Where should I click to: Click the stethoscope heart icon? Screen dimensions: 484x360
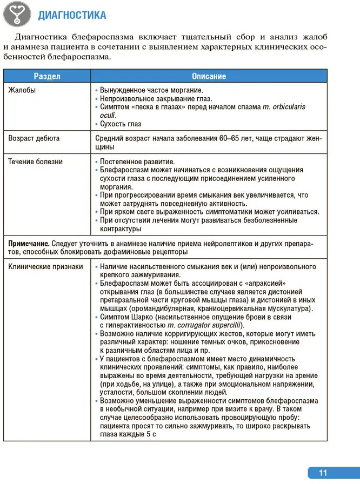point(17,15)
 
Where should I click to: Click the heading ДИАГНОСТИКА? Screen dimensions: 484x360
point(72,15)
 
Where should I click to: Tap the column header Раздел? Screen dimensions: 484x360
point(47,76)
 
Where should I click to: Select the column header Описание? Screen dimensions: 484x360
point(209,76)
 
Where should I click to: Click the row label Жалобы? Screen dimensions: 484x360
point(22,90)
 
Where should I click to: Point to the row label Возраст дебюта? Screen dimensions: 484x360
point(34,138)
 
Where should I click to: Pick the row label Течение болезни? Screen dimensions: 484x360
point(36,162)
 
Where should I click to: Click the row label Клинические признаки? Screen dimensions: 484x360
point(46,267)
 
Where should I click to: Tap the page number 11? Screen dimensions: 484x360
point(323,473)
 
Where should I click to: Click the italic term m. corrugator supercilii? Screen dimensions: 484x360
point(212,326)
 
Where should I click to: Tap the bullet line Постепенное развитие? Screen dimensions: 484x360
point(137,162)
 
